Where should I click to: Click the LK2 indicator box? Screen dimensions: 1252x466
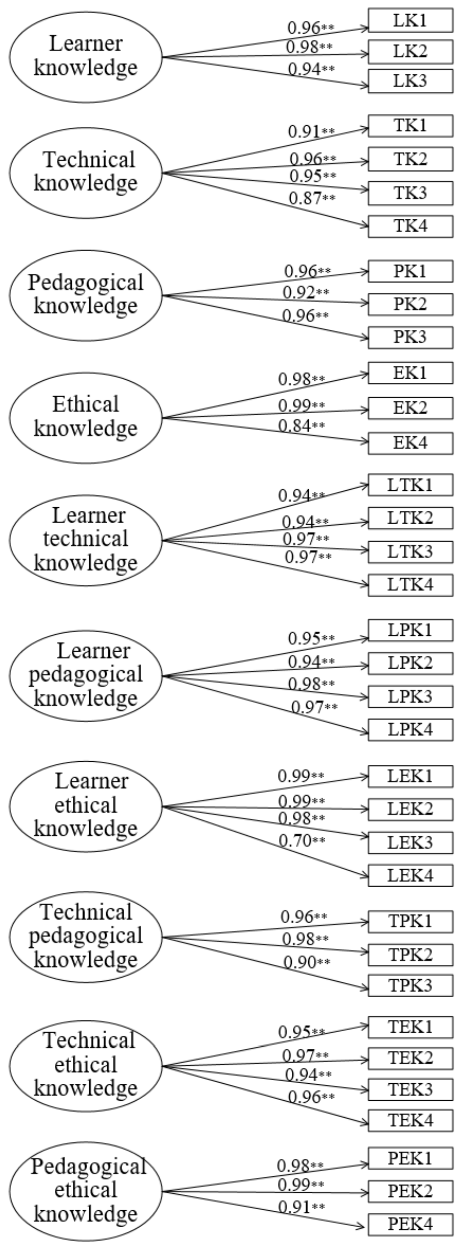(410, 51)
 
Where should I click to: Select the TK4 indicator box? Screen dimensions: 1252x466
(410, 226)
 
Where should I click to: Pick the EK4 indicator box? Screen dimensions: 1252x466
(410, 443)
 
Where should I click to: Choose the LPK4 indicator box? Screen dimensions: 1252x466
(410, 729)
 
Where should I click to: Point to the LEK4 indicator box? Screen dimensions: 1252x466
(410, 875)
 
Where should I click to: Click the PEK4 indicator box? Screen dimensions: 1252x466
(410, 1224)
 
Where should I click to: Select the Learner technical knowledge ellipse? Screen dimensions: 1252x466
(86, 539)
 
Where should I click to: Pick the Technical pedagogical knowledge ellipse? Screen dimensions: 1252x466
(86, 936)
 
